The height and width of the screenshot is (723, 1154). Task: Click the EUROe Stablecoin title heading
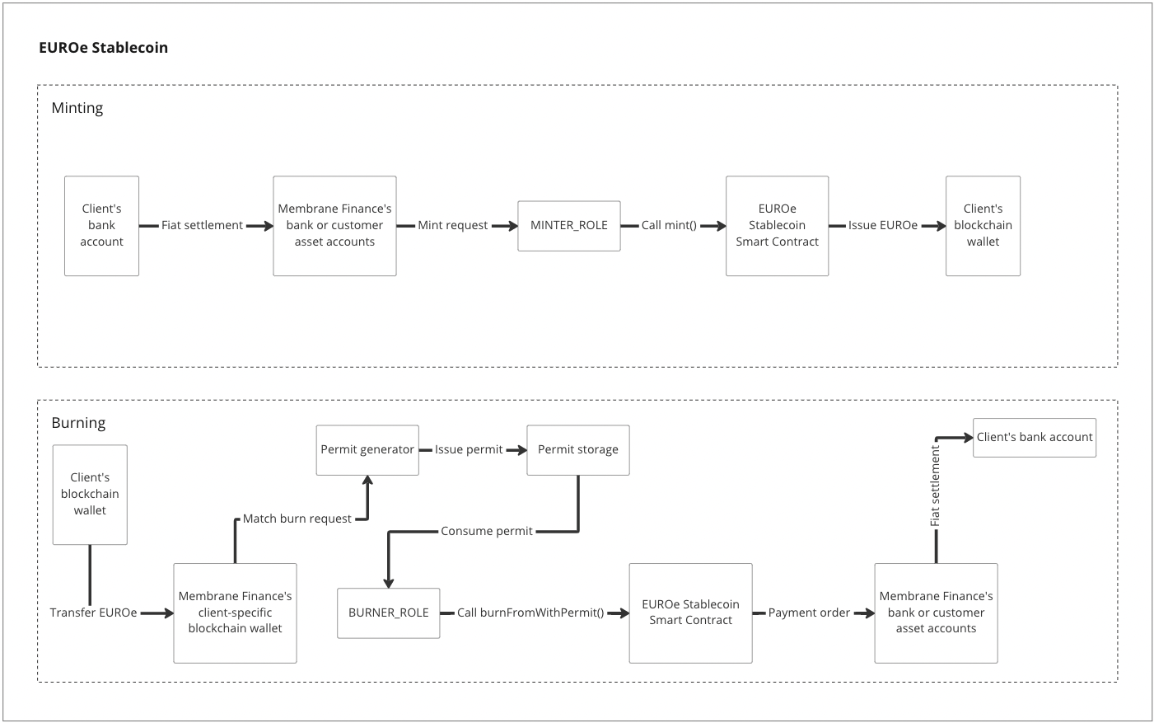[103, 48]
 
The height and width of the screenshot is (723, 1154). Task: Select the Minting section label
[77, 108]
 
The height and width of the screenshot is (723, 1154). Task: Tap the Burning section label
[78, 423]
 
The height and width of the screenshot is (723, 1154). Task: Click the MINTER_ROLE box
[568, 226]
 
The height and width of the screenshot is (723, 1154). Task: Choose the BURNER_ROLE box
[388, 613]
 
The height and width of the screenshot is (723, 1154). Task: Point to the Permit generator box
[367, 449]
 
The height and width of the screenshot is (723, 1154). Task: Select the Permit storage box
[577, 449]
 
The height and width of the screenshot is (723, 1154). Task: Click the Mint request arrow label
[452, 226]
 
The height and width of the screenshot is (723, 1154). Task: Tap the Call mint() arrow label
[669, 226]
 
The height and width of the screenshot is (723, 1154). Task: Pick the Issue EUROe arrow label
[882, 226]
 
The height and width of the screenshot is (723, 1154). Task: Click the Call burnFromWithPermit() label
[530, 613]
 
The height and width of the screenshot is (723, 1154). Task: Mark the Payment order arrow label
[809, 613]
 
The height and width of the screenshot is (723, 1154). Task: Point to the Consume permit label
[486, 531]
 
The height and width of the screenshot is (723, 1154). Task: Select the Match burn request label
[297, 519]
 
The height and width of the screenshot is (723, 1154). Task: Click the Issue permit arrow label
[469, 449]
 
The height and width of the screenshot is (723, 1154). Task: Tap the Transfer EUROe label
[93, 613]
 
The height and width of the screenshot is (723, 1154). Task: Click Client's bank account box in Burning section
[1034, 437]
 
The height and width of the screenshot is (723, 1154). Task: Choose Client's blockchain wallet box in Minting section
[983, 225]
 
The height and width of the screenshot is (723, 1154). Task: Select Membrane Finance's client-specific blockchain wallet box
[235, 613]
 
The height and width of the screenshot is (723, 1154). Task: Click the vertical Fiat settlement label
[936, 486]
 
